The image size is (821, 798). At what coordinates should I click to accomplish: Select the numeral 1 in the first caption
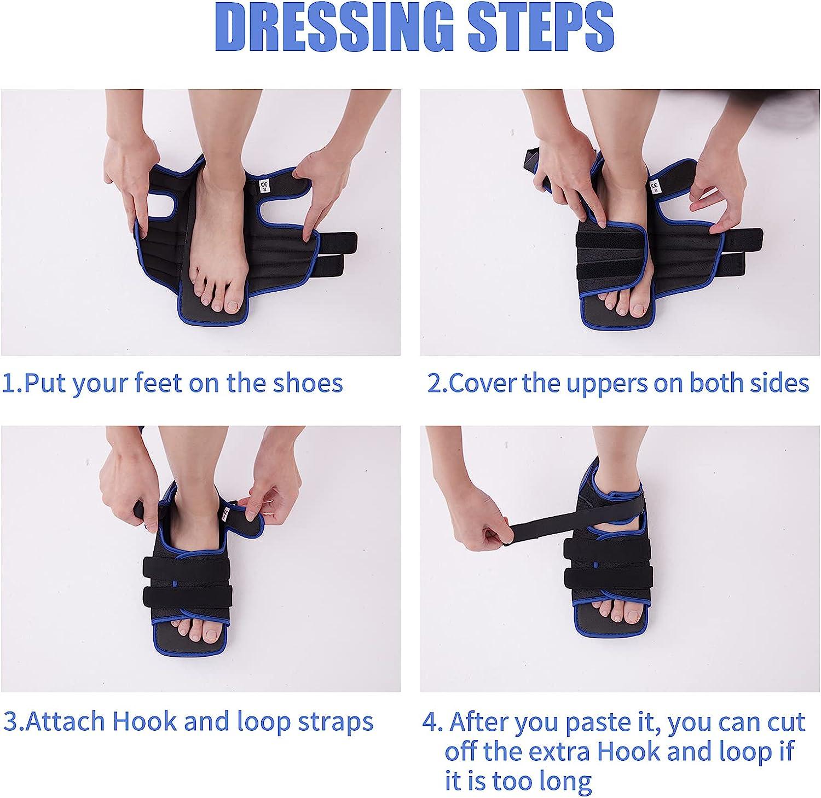point(8,383)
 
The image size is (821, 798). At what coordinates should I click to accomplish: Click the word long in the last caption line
point(567,780)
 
